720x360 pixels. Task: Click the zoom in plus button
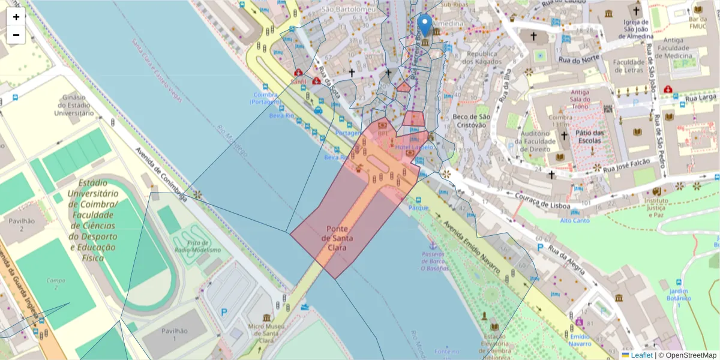click(x=16, y=17)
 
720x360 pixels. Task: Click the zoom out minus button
click(x=16, y=35)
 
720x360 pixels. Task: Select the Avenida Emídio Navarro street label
click(x=472, y=246)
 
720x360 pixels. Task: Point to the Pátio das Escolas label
click(x=588, y=136)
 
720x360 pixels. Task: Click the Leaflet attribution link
click(x=641, y=355)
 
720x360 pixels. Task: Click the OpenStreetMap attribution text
click(x=687, y=355)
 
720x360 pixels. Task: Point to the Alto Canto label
click(x=574, y=220)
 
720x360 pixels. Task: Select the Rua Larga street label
click(x=701, y=97)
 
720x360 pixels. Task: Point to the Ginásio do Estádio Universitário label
click(x=74, y=105)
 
